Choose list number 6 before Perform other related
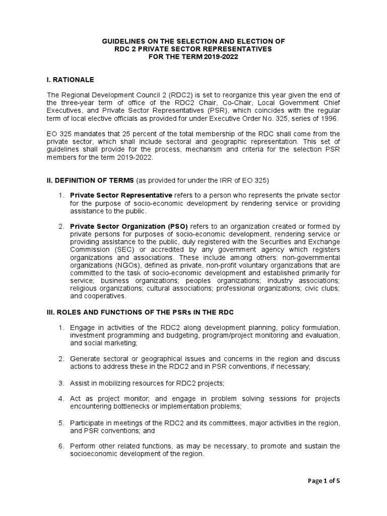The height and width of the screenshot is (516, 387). pos(60,445)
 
